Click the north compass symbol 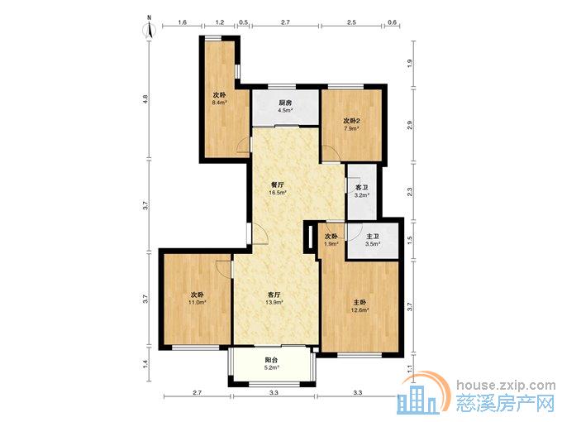pos(150,29)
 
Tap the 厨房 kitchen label pos(285,103)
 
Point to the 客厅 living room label pos(274,295)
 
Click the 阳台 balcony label pos(271,360)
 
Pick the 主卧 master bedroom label pos(360,303)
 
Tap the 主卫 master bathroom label pos(373,237)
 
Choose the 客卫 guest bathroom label pos(362,188)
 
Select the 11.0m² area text pos(198,303)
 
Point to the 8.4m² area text pos(219,103)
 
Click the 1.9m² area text pos(331,244)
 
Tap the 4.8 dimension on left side pos(145,99)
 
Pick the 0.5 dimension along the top pos(243,22)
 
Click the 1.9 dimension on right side pos(410,64)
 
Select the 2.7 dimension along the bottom pos(198,392)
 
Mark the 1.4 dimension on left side pos(145,364)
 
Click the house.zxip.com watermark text pos(506,386)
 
